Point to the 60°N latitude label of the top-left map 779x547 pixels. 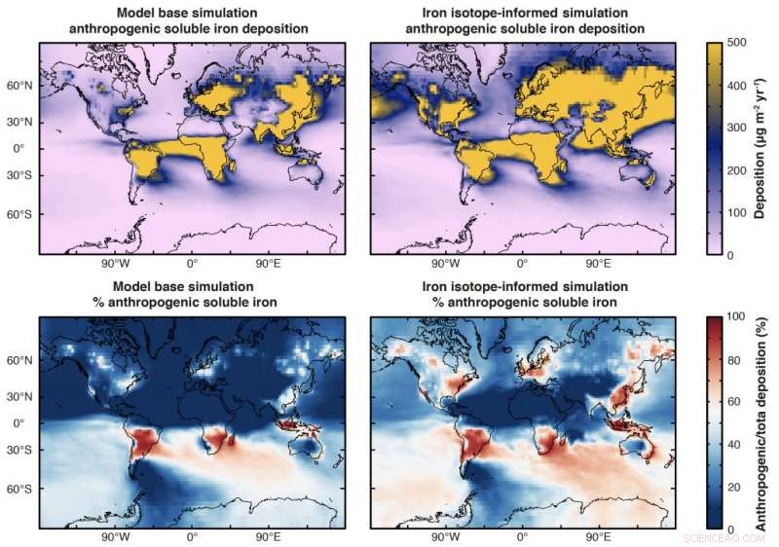coord(19,86)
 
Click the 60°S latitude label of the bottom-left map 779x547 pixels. coord(19,488)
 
